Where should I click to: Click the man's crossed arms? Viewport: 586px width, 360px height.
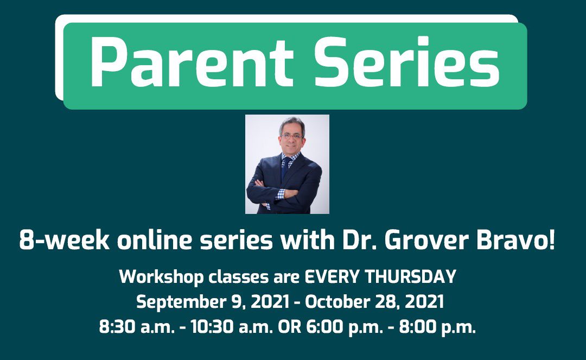tap(282, 193)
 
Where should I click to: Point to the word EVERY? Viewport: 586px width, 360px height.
tap(332, 277)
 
